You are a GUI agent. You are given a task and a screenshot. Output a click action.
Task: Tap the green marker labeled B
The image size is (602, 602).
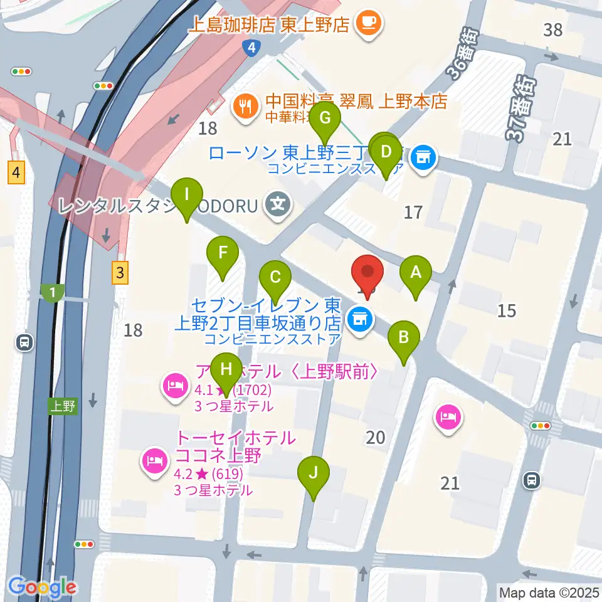pyautogui.click(x=404, y=339)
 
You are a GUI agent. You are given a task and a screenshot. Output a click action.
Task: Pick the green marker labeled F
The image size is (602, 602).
pyautogui.click(x=223, y=254)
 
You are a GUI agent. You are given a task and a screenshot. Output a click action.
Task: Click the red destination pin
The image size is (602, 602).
pyautogui.click(x=367, y=273)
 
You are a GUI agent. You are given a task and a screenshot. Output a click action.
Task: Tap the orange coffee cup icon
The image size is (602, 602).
pyautogui.click(x=367, y=23)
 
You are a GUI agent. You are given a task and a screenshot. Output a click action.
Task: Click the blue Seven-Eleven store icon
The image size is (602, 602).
pyautogui.click(x=359, y=321)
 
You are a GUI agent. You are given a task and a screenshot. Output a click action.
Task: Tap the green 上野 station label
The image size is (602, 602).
pyautogui.click(x=63, y=406)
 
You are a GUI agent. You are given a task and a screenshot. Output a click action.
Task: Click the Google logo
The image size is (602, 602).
pyautogui.click(x=43, y=586)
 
